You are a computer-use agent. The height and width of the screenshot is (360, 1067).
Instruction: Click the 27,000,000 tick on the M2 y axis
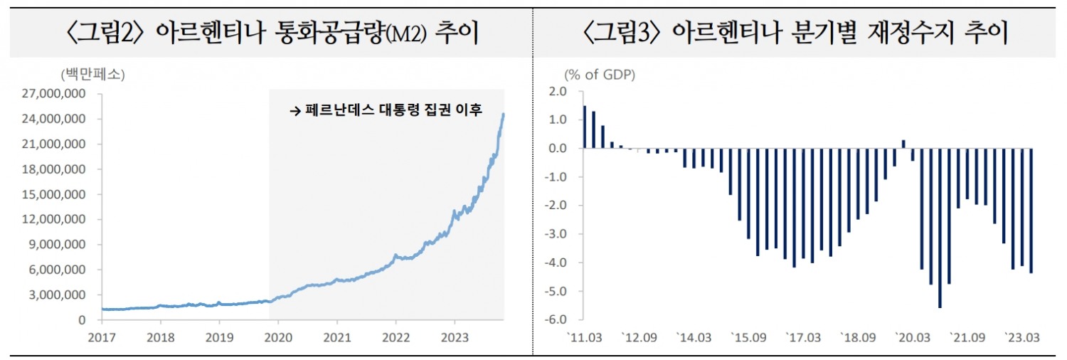[58, 94]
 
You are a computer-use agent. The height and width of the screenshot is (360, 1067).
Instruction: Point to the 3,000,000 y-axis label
[61, 295]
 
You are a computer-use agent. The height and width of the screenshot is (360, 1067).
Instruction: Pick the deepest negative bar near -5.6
[940, 228]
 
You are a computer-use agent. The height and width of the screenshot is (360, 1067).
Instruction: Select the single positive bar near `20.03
[903, 144]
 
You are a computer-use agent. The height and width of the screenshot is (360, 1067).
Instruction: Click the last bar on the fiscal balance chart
[1031, 210]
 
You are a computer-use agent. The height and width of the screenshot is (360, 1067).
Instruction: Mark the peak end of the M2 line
[504, 114]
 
